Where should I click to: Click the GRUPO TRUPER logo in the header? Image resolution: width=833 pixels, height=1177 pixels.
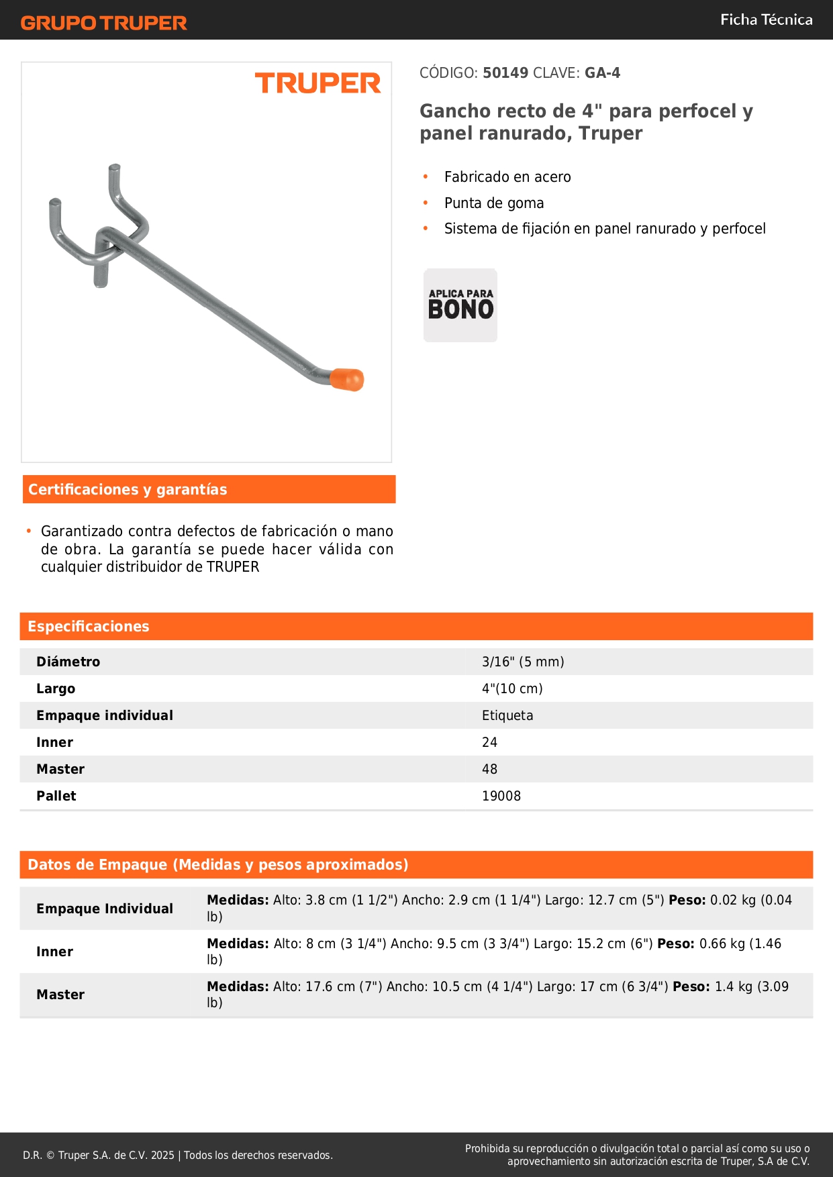pos(103,23)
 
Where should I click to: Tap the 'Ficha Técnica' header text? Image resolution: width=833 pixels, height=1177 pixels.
pos(766,20)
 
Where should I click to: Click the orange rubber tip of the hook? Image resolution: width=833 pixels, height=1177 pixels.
pos(348,379)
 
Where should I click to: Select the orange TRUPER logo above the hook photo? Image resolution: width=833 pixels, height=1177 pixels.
pos(317,83)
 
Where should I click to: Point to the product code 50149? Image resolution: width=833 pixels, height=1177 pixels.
pos(505,73)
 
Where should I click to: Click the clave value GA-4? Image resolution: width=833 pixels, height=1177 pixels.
pos(602,73)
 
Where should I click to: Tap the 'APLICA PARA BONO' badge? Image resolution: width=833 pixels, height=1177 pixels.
pos(460,305)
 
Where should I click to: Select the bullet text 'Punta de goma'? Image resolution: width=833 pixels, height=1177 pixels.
pos(493,203)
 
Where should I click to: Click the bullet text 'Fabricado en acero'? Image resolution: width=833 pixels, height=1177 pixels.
pos(507,177)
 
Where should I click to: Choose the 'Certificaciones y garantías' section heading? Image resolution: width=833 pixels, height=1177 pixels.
pos(128,489)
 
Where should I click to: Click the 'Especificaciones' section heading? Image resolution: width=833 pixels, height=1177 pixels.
pos(89,626)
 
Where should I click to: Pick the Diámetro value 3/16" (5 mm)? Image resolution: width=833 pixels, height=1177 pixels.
pos(522,662)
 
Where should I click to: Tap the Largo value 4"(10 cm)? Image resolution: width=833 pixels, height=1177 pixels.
pos(512,688)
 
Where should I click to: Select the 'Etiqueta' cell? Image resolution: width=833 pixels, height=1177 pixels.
pos(507,715)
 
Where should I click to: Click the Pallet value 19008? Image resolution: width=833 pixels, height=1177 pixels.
pos(501,796)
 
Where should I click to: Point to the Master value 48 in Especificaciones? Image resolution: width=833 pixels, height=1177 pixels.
pos(489,769)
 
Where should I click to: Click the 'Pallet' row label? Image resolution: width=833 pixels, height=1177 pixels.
pos(56,796)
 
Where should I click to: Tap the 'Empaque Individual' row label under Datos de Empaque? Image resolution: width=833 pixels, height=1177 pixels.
pos(105,909)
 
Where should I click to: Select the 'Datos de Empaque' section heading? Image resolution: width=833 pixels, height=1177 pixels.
pos(217,864)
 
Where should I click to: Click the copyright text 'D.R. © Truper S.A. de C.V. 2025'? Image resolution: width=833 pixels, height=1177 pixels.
pos(99,1155)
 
